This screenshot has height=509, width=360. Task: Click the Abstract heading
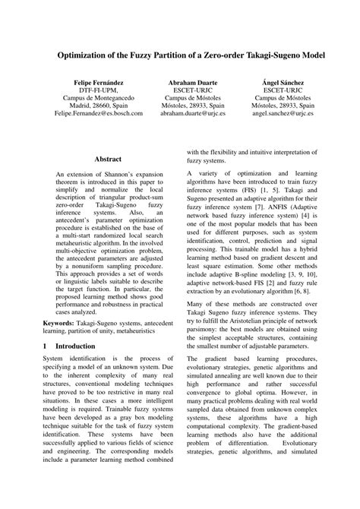108,160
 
